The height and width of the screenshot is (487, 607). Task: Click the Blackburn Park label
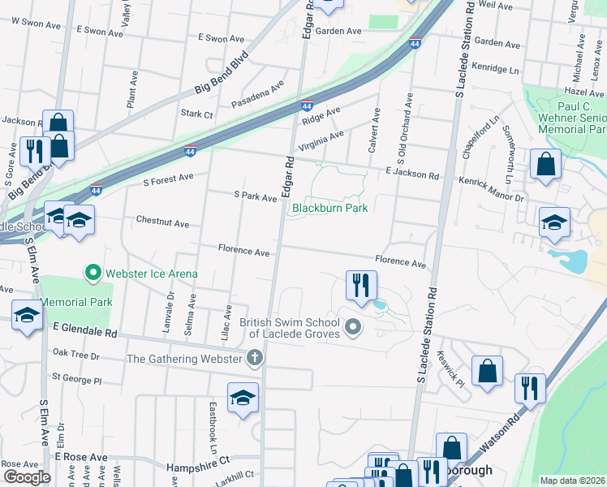coord(330,209)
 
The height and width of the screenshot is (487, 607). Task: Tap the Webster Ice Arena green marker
coord(93,273)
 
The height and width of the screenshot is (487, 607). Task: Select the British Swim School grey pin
coord(352,328)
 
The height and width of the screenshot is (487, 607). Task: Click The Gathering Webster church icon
coord(255,358)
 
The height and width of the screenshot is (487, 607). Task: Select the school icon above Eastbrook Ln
coord(242,398)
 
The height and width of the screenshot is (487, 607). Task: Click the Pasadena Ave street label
coord(257,94)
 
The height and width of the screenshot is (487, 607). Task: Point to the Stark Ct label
coord(196,114)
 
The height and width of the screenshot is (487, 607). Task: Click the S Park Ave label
coord(255,196)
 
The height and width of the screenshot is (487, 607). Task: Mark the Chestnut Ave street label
coord(162,222)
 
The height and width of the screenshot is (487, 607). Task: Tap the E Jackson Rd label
coord(412,174)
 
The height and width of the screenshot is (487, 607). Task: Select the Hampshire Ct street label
coord(198,468)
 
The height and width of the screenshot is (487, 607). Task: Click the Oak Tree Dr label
coord(75,356)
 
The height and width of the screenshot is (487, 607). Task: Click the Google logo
coord(27,477)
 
